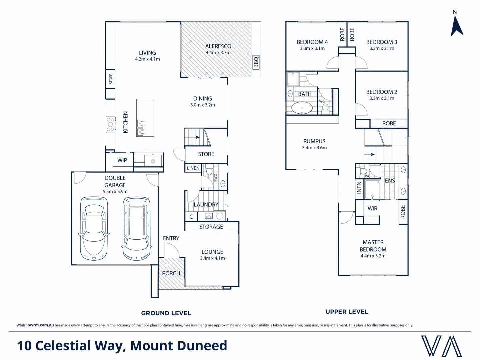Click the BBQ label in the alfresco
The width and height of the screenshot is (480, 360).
(x=256, y=62)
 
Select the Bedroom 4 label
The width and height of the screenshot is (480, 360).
(x=312, y=42)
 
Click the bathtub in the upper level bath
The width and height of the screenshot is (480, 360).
(x=302, y=108)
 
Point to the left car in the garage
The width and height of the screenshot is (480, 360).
(x=94, y=228)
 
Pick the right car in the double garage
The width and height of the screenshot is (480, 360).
(x=137, y=228)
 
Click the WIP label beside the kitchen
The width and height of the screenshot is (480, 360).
(x=122, y=160)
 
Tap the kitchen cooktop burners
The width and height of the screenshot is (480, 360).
(x=110, y=124)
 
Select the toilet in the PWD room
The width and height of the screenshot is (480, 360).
(x=209, y=170)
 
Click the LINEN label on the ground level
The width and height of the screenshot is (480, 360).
(x=193, y=168)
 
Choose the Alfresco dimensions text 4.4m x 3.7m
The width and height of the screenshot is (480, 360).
(x=218, y=53)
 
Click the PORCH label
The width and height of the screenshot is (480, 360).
(x=171, y=273)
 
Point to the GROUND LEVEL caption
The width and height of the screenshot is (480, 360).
(x=166, y=313)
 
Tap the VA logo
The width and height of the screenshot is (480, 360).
(x=441, y=346)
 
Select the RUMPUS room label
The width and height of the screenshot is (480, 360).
(x=314, y=141)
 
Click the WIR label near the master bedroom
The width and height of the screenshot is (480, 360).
(x=372, y=209)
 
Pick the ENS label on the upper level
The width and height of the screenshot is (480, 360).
(x=390, y=181)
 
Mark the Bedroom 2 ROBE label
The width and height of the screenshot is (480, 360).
(x=389, y=124)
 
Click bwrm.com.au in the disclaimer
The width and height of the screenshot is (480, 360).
(x=41, y=325)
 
